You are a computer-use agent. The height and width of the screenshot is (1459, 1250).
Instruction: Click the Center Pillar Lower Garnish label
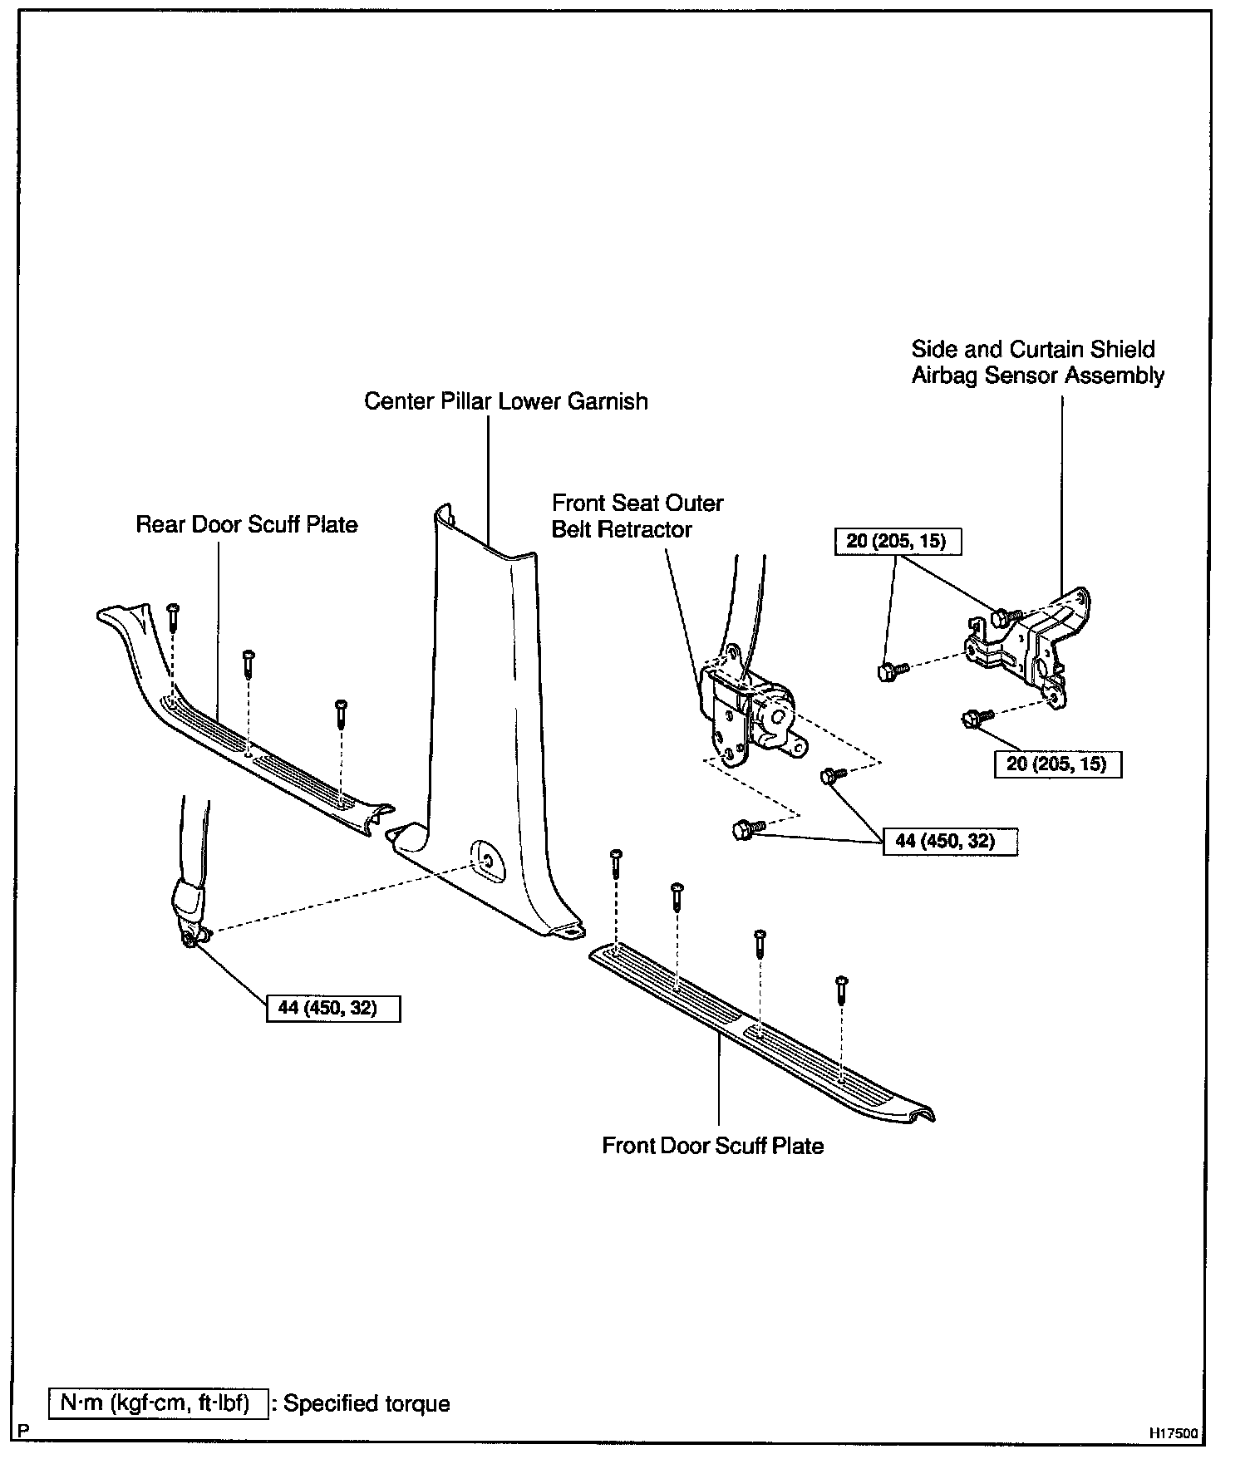click(505, 401)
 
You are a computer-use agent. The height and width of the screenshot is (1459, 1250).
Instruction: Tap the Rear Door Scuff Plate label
click(247, 524)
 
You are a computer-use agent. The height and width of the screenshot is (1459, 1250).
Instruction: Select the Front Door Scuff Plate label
click(712, 1146)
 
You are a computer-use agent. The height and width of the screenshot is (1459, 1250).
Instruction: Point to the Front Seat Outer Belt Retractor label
click(637, 516)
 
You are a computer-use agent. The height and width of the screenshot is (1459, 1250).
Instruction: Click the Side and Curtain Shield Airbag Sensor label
click(1036, 362)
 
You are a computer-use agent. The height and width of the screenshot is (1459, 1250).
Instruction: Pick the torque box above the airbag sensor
click(897, 542)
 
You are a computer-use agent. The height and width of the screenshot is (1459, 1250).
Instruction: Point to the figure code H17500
click(1174, 1433)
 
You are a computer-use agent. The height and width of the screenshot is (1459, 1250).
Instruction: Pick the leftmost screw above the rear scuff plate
click(172, 615)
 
